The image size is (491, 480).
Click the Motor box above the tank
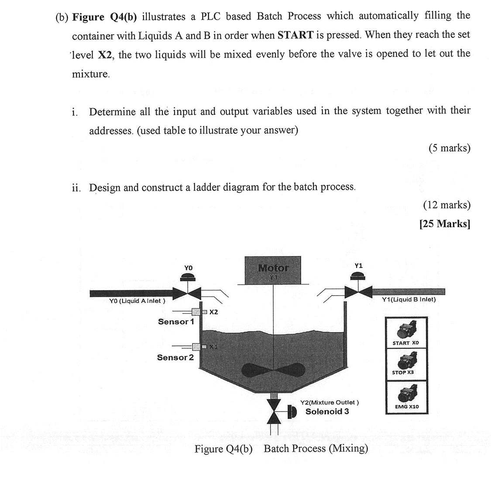click(x=273, y=270)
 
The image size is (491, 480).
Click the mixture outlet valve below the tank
click(x=275, y=411)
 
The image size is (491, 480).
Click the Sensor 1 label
click(x=175, y=322)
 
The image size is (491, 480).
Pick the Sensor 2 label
click(x=175, y=357)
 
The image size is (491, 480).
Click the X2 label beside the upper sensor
click(x=213, y=312)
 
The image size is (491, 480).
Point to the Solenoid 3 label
click(x=327, y=412)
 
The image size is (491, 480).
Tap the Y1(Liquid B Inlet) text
click(x=409, y=300)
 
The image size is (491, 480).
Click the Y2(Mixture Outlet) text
click(x=330, y=402)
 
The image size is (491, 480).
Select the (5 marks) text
click(x=449, y=148)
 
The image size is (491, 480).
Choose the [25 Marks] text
click(x=444, y=224)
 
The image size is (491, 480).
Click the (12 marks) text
click(x=446, y=205)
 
